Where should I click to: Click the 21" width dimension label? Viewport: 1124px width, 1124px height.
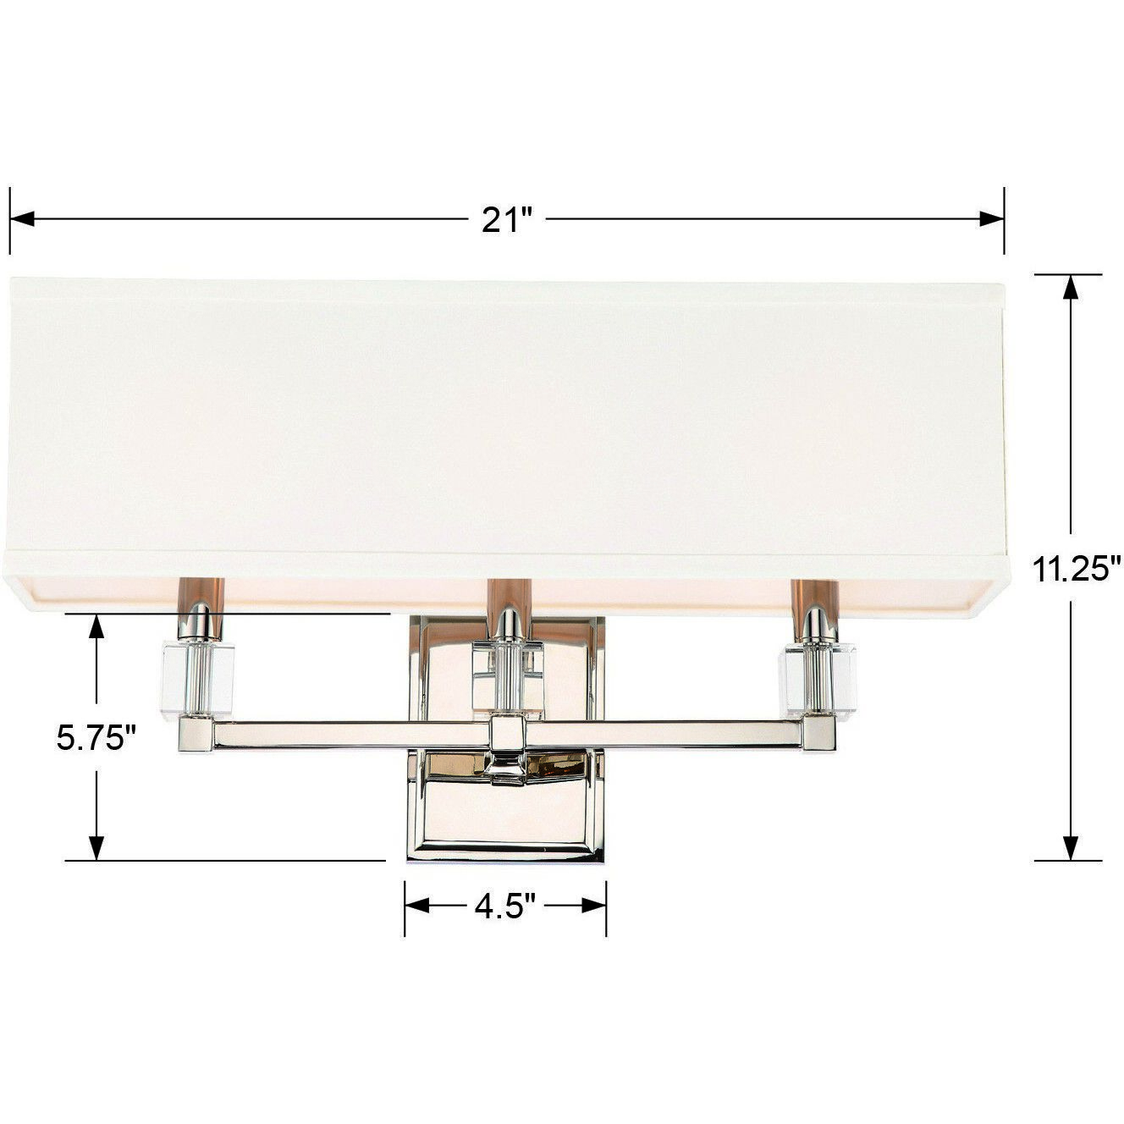pyautogui.click(x=506, y=220)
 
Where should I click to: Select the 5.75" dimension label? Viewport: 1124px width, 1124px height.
pyautogui.click(x=96, y=738)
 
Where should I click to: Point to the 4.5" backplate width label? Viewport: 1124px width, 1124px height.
pyautogui.click(x=505, y=907)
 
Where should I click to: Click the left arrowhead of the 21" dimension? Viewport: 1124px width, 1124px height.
pyautogui.click(x=20, y=220)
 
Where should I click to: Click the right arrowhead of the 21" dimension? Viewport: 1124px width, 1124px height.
pyautogui.click(x=993, y=220)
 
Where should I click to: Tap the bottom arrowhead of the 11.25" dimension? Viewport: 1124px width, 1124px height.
pyautogui.click(x=1072, y=848)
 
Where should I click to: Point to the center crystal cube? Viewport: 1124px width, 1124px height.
pyautogui.click(x=507, y=675)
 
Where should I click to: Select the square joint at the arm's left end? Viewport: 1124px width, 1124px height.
pyautogui.click(x=196, y=735)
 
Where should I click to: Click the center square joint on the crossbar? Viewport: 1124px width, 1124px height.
pyautogui.click(x=507, y=733)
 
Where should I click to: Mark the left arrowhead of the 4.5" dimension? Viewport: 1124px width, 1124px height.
pyautogui.click(x=416, y=906)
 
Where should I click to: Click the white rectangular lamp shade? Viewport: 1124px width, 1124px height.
pyautogui.click(x=506, y=415)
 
